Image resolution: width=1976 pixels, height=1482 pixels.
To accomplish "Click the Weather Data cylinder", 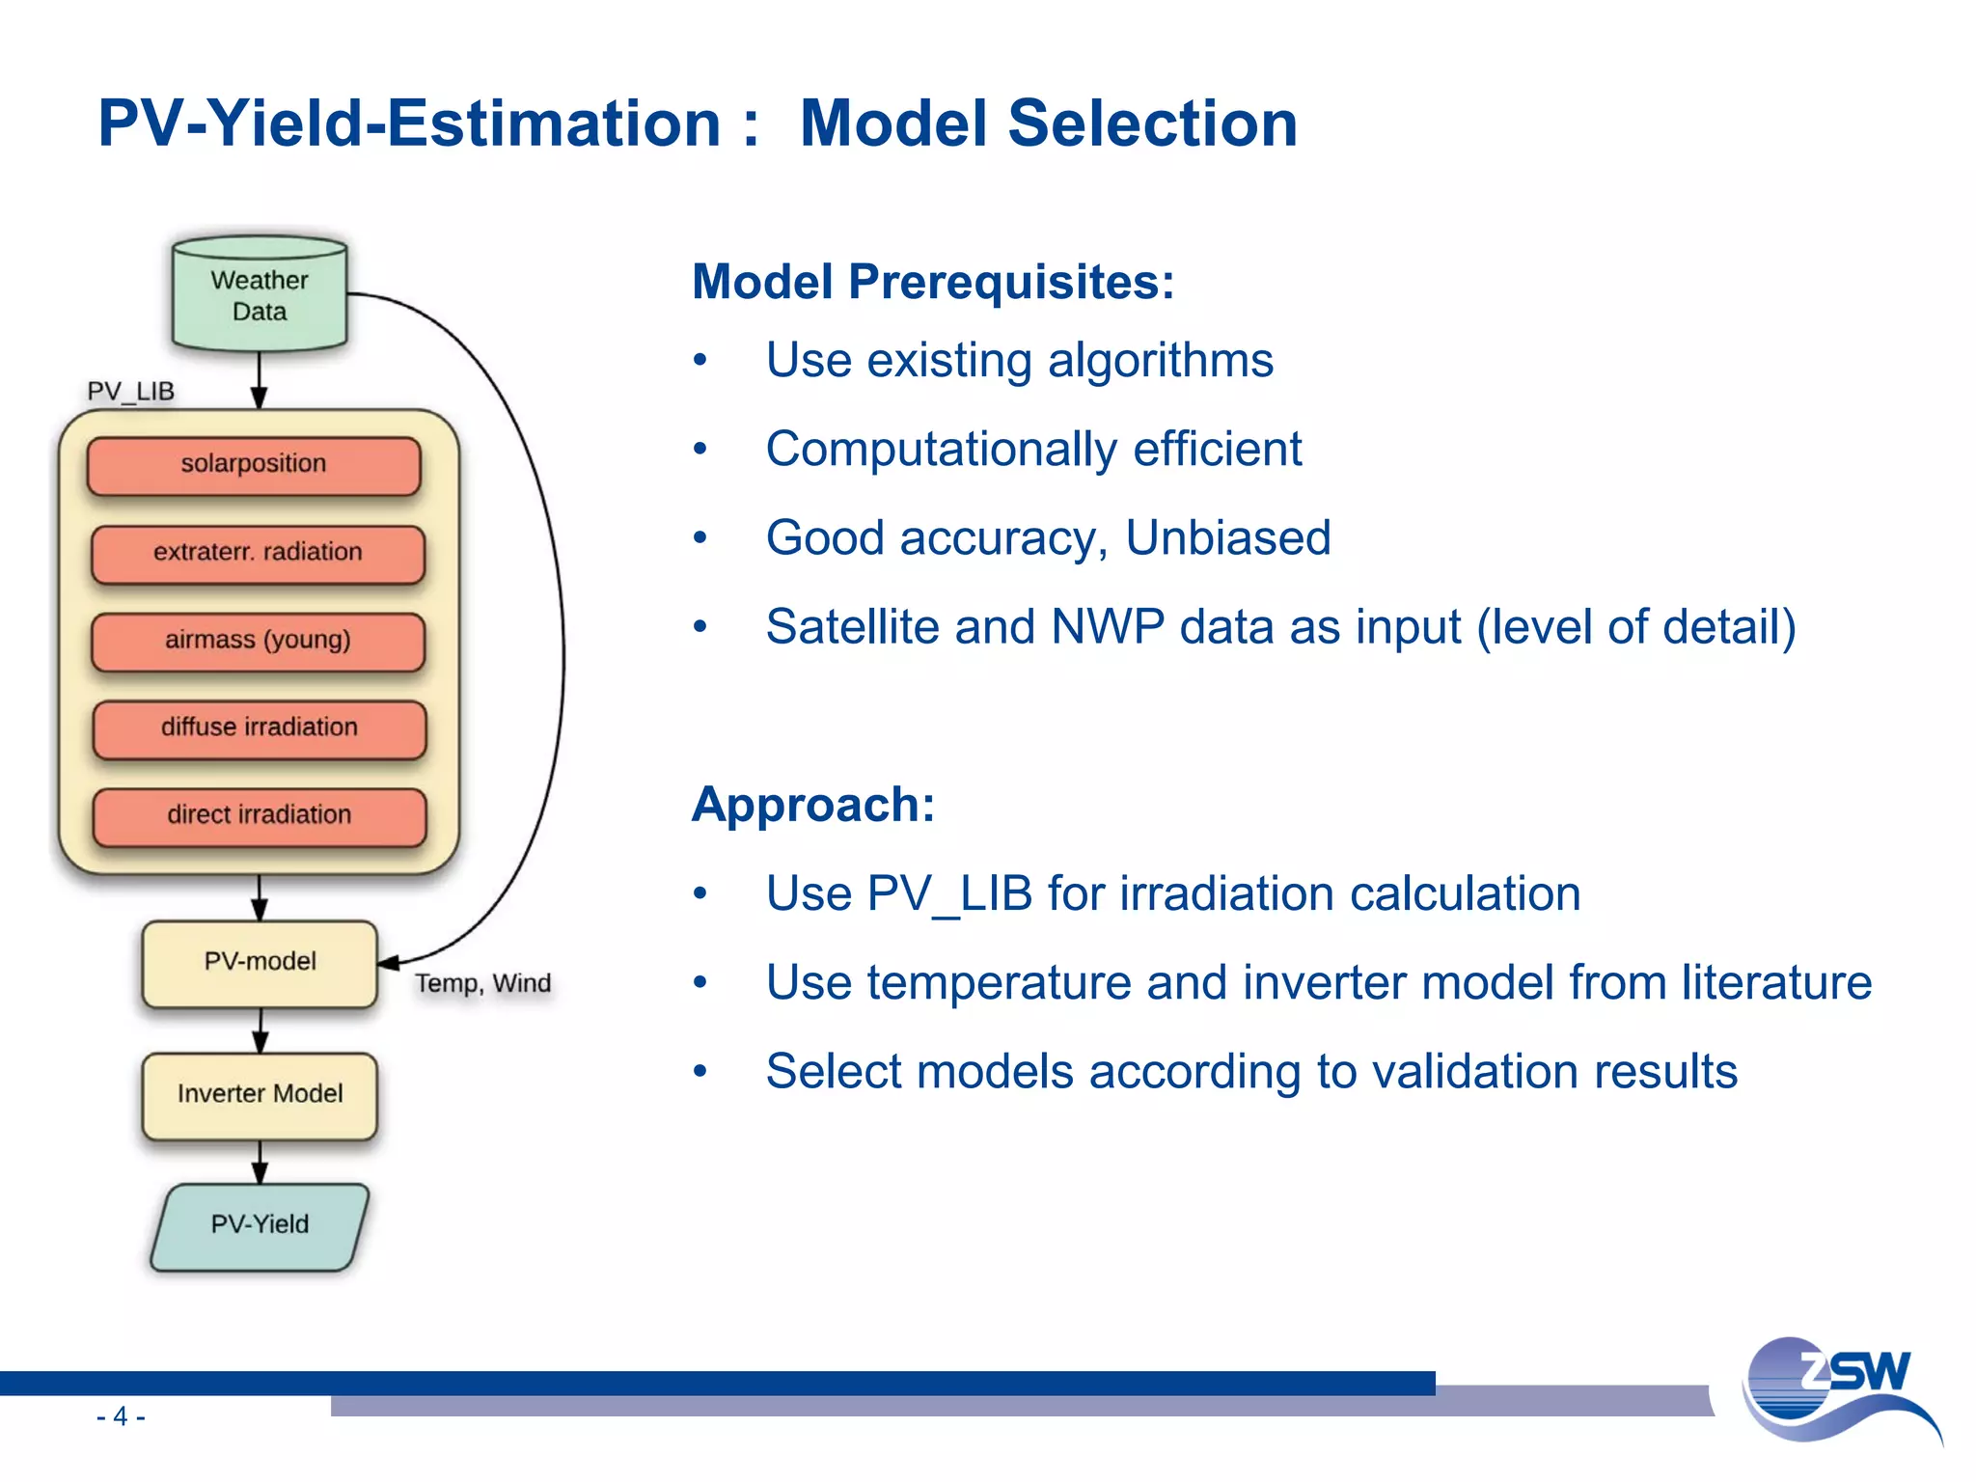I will tap(259, 295).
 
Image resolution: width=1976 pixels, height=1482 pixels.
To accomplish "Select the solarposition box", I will tap(254, 465).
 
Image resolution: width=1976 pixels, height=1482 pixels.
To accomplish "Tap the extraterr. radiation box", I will tap(258, 553).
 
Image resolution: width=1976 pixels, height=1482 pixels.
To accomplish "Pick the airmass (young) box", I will tap(258, 641).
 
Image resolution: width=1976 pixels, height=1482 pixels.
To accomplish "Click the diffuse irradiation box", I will tap(259, 728).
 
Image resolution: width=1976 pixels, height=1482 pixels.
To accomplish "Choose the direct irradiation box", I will tap(259, 816).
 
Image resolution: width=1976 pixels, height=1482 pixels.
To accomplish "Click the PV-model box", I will tap(260, 962).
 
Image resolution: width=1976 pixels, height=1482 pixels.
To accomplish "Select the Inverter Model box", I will tap(260, 1094).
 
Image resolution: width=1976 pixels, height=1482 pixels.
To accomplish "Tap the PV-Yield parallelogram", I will tap(260, 1225).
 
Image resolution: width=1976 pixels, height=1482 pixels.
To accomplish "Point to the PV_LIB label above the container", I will tap(130, 392).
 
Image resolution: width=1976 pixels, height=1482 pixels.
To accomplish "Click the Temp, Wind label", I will tap(482, 984).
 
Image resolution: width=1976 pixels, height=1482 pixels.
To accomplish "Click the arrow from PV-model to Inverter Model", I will tap(260, 1030).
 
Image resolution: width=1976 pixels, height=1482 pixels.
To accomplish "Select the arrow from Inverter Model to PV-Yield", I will tap(260, 1162).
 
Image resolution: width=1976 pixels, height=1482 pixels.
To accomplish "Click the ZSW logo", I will tap(1838, 1389).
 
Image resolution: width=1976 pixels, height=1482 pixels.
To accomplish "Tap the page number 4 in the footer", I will tap(121, 1416).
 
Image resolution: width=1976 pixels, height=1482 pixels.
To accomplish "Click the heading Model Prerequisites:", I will tap(933, 283).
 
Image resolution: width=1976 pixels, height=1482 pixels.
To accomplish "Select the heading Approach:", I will tap(813, 805).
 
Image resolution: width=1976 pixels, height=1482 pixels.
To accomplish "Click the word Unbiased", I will tap(1227, 538).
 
